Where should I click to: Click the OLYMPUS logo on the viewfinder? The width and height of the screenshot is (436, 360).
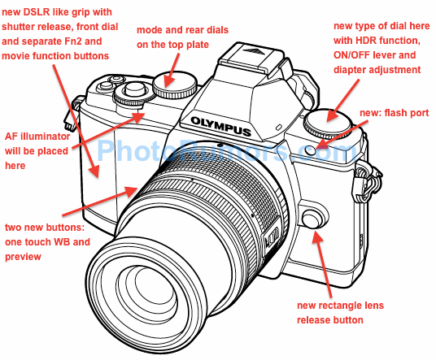216,122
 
